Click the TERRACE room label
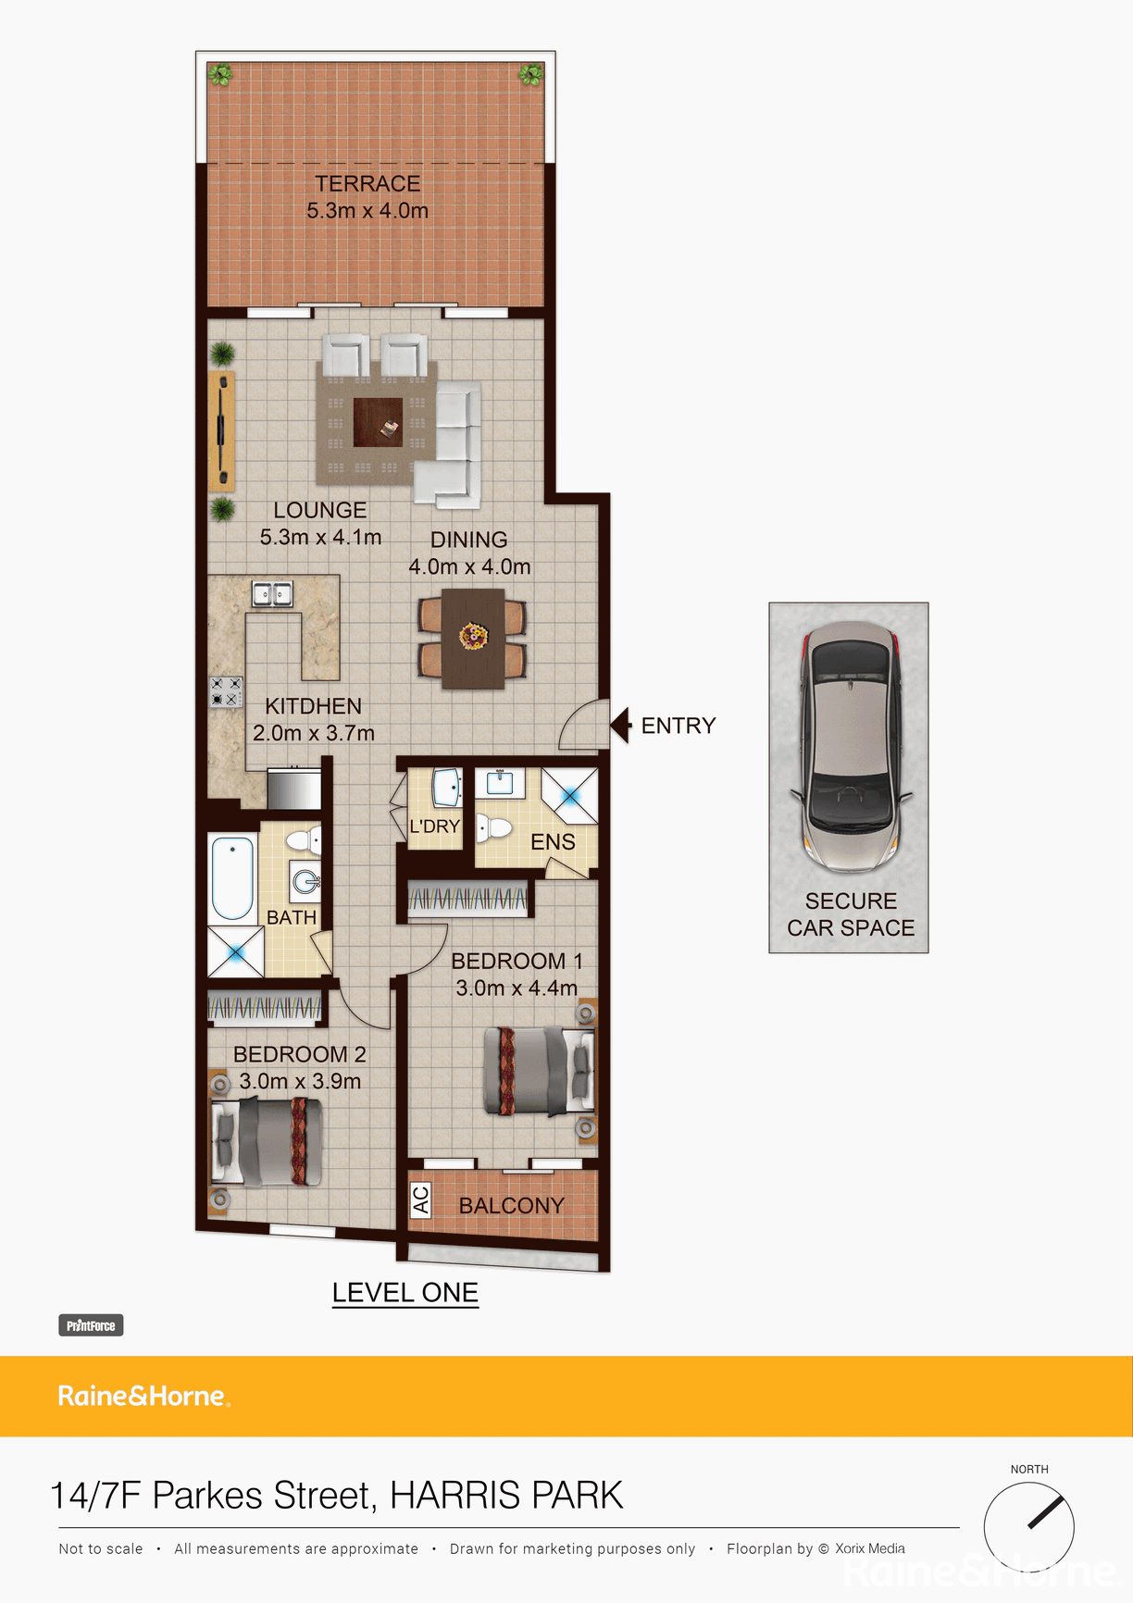(367, 184)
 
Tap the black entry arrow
(620, 726)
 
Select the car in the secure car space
(850, 747)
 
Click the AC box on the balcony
(420, 1200)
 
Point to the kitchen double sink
(272, 593)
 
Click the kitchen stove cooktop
(225, 691)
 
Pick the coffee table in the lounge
(378, 422)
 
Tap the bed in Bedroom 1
(539, 1072)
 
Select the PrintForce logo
(91, 1325)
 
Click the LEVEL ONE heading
(405, 1293)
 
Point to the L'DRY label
(434, 826)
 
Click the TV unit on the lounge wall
(221, 430)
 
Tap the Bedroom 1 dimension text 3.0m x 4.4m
(517, 988)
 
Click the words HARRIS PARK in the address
(506, 1496)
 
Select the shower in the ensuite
(569, 795)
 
